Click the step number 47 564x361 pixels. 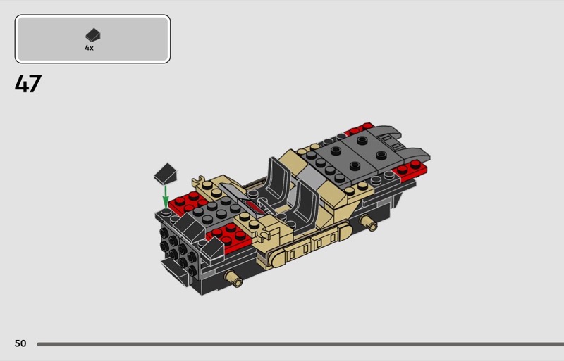(28, 84)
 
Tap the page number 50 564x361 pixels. (20, 343)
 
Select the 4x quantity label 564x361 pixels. (90, 48)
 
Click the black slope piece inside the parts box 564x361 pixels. (93, 35)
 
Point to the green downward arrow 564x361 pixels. (166, 196)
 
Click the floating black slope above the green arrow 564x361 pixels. (166, 174)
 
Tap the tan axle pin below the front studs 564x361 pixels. (233, 278)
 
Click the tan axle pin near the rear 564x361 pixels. (369, 222)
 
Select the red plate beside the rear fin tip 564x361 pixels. (410, 170)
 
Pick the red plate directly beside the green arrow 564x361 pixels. (188, 203)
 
